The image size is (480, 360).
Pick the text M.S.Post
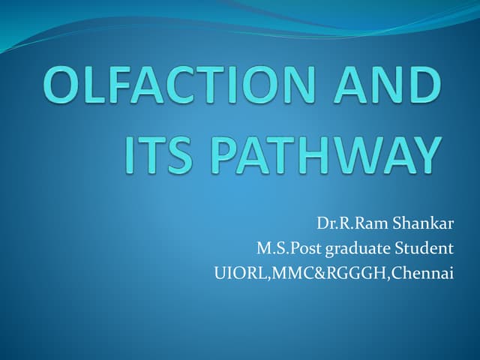pos(285,249)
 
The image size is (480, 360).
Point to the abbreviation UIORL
pos(235,273)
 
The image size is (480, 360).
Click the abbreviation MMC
pos(281,273)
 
